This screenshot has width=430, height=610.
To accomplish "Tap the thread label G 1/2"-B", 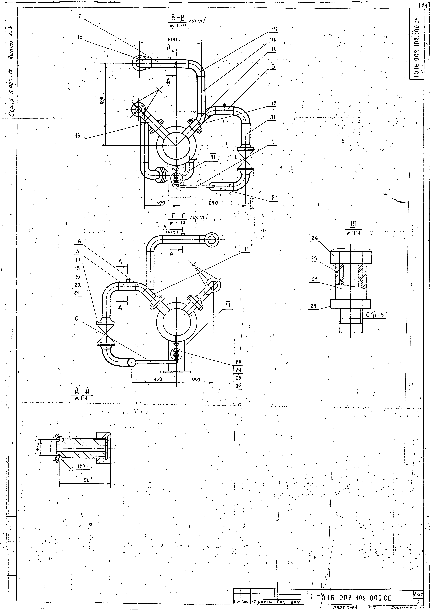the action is (377, 315).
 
